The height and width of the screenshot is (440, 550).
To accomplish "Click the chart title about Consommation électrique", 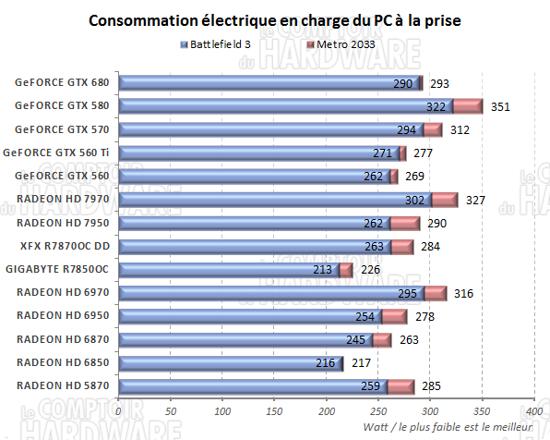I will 276,20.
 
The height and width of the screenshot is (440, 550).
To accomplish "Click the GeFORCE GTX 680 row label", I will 62,82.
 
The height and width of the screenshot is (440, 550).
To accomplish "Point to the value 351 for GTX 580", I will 500,106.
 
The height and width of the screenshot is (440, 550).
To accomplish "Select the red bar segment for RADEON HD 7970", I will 445,199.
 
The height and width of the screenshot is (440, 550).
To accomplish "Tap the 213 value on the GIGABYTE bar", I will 323,269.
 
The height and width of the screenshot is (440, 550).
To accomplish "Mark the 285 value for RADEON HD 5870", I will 432,385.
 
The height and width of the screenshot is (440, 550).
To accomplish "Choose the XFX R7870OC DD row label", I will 64,246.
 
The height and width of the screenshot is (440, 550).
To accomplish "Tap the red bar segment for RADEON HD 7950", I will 405,223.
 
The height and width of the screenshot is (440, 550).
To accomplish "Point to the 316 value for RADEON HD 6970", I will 463,292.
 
